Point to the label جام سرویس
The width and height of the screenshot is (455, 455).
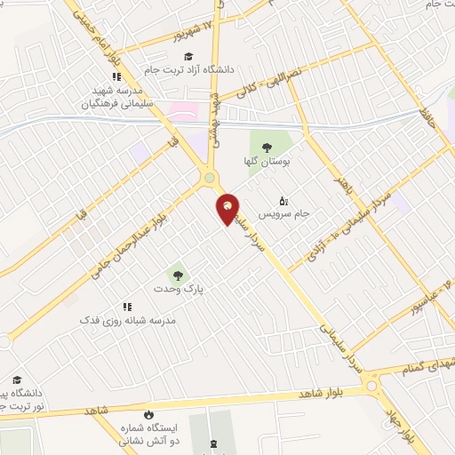[x=277, y=213]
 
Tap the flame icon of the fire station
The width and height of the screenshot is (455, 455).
[x=148, y=414]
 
